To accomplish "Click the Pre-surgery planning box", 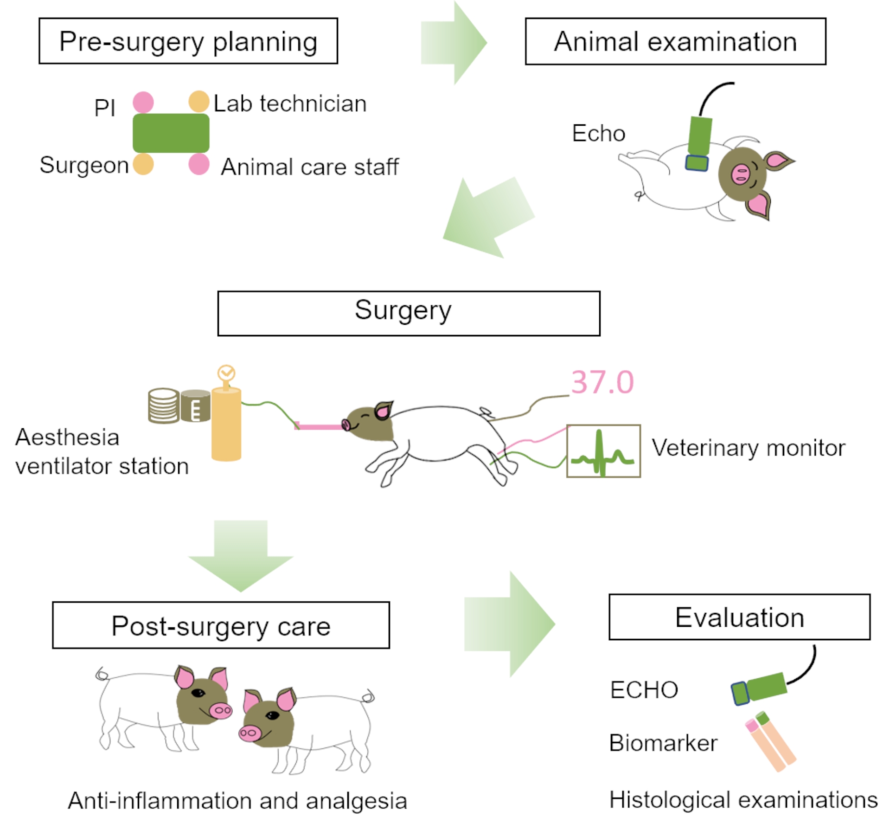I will (x=188, y=41).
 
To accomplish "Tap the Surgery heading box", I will (x=408, y=313).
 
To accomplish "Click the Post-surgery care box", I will (x=221, y=625).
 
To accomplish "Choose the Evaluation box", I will (x=739, y=617).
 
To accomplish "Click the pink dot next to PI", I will (x=143, y=102).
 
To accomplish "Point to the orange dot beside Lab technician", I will (x=199, y=102).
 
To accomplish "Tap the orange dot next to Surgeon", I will (x=143, y=164).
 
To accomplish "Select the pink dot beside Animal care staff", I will (x=199, y=164).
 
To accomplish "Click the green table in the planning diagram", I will (x=171, y=133).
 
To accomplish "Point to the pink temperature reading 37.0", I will (x=602, y=382).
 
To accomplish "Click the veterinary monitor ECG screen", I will (x=603, y=451).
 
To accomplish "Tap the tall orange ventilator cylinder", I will (x=226, y=425).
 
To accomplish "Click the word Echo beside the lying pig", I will (x=598, y=134).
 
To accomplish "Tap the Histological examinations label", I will (x=743, y=799).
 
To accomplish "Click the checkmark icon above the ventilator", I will (x=226, y=373).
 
